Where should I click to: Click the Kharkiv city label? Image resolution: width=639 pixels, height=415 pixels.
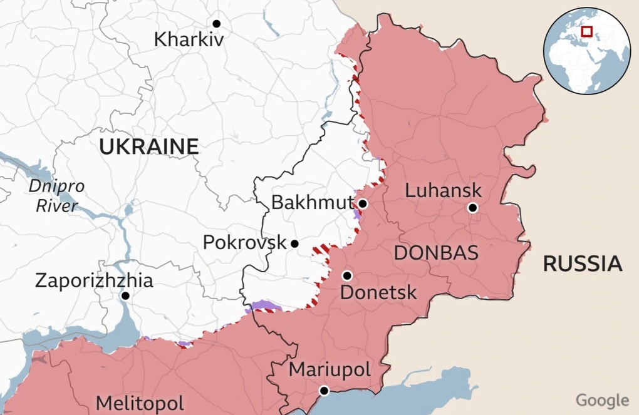pos(189,39)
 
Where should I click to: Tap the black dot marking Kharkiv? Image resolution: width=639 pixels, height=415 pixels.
pos(217,23)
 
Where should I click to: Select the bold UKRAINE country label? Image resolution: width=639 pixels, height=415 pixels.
pos(149,146)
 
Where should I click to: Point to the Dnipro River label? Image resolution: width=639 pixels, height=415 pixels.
pos(56,196)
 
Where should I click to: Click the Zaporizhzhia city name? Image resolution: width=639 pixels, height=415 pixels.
pos(94,280)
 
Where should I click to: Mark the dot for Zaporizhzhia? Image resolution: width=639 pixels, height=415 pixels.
pos(126,295)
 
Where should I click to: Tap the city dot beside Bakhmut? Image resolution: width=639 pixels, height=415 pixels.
pos(363,203)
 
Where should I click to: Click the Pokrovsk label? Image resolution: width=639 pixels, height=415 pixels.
pos(244,242)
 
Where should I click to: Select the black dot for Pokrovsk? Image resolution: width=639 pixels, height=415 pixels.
pos(294,243)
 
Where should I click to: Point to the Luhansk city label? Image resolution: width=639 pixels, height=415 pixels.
pos(444,190)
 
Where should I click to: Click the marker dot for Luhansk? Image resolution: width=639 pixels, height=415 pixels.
pos(472,208)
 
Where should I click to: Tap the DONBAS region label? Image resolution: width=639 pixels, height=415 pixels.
pos(436,253)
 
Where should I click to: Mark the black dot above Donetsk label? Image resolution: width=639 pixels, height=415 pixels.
pos(347,275)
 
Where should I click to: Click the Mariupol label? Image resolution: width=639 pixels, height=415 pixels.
pos(330,369)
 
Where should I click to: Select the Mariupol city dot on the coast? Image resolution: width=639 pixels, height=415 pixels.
pos(324,391)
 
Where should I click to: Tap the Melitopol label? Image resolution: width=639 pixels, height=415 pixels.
pos(140,402)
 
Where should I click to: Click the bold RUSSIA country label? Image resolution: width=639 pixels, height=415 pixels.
pos(583,264)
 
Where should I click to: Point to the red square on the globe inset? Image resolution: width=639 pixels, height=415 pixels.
pos(587,31)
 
